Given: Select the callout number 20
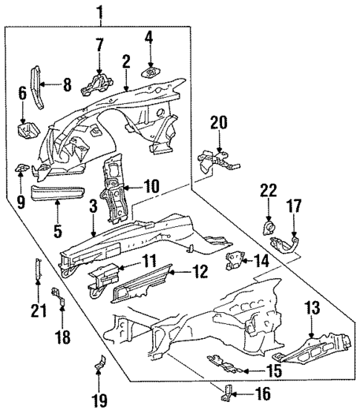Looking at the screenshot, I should (x=217, y=122).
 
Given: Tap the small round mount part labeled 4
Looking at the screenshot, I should (x=151, y=72).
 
